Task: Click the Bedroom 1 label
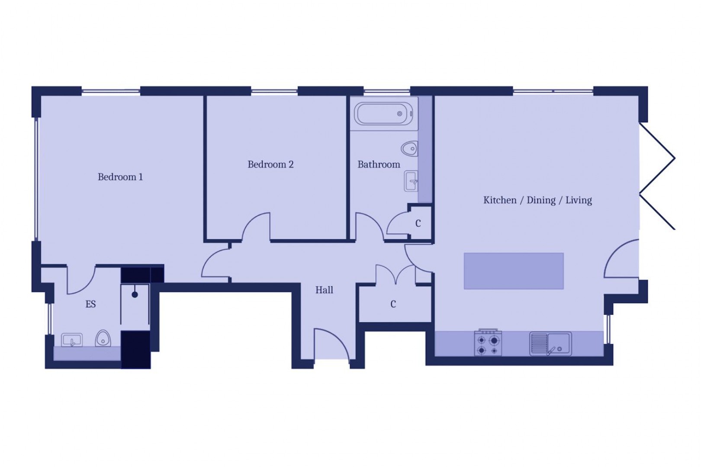coord(120,177)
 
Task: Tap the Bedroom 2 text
coord(270,164)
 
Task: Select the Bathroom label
coord(379,164)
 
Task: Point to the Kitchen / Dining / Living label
coord(537,200)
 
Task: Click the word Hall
coord(324,290)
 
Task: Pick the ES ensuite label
coord(90,304)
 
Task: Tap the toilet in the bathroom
coord(409,149)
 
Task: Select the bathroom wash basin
coord(411,181)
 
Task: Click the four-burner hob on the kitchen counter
coord(488,343)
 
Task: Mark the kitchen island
coord(514,271)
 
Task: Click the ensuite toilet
coord(103,339)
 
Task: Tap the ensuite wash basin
coord(72,340)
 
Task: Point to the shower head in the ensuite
coord(135,294)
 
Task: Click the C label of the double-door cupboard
coord(393,304)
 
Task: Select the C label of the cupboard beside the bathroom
coord(418,224)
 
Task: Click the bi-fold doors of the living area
coord(658,176)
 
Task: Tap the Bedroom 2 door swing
coord(257,226)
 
